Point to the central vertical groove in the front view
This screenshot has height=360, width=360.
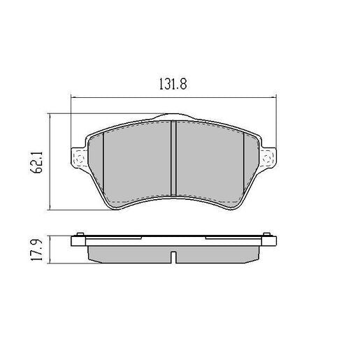173,157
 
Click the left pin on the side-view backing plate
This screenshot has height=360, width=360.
82,234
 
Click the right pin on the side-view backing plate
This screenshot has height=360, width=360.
264,234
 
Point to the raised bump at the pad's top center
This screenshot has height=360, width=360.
173,117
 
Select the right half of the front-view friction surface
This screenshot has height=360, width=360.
208,161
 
